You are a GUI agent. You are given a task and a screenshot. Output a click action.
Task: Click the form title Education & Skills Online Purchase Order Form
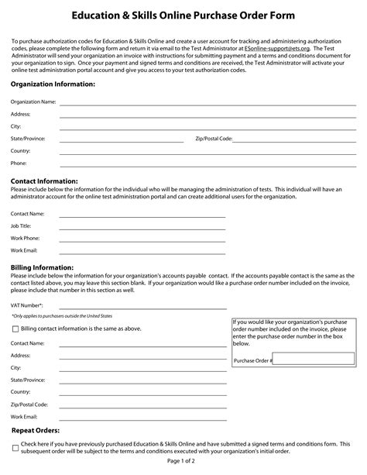click(183, 15)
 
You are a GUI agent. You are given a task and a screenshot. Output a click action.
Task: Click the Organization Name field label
click(33, 102)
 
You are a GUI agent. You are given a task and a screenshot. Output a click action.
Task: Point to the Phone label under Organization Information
click(19, 163)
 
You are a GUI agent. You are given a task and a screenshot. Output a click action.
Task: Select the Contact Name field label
click(27, 213)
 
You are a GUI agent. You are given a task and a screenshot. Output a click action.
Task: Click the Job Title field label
click(21, 225)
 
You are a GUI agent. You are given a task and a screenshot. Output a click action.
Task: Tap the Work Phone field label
click(26, 238)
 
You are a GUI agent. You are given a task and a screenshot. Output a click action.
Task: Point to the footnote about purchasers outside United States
click(61, 316)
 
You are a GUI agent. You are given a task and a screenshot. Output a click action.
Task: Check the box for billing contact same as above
click(15, 329)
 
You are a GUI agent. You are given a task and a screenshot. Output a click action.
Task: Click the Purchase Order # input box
click(313, 359)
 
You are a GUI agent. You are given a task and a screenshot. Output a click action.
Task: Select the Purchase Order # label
click(252, 360)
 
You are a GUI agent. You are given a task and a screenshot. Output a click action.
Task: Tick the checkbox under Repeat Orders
click(15, 447)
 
